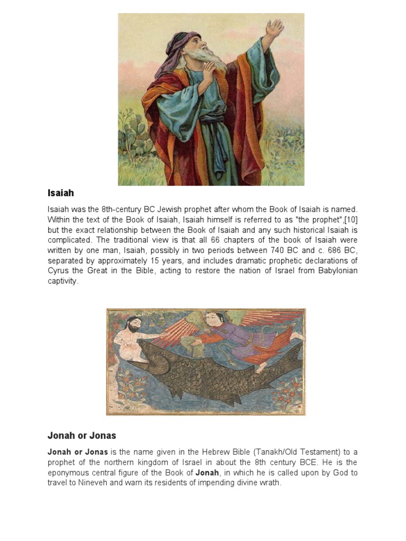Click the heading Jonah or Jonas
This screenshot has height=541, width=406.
[x=81, y=436]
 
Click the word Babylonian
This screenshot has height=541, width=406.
[x=335, y=271]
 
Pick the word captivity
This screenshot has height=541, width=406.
[x=62, y=281]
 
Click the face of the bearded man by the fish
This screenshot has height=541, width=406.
[x=134, y=323]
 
